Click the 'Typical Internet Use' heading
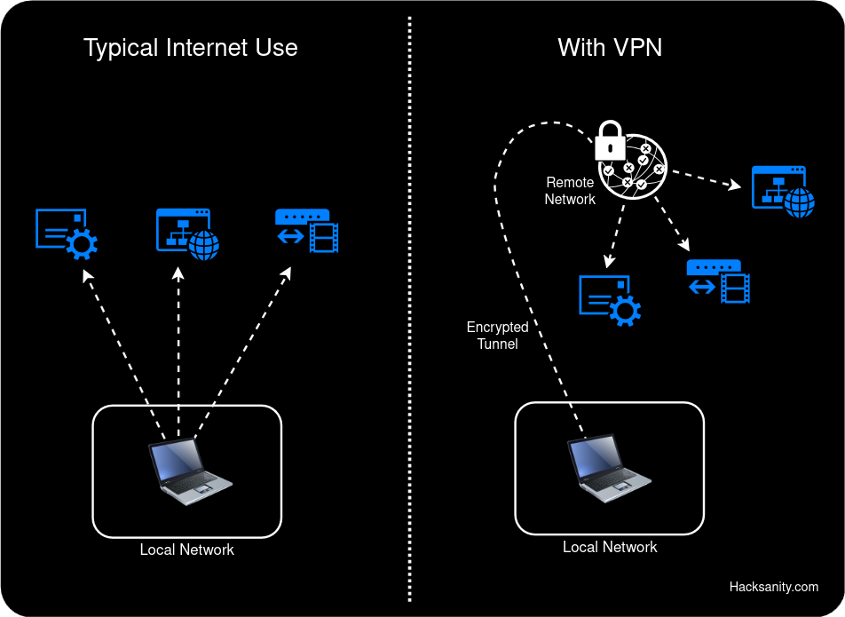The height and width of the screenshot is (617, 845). (x=190, y=48)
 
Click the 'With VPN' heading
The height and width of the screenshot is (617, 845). (x=610, y=48)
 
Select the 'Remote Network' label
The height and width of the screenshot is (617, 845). (x=570, y=191)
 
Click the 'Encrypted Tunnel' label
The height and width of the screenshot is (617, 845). (x=497, y=336)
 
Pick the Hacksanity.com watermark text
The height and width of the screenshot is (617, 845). (x=773, y=587)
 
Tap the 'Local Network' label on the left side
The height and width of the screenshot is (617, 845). (x=186, y=550)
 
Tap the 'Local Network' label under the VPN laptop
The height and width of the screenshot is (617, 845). (x=610, y=548)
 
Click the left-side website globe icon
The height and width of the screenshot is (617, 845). (x=187, y=233)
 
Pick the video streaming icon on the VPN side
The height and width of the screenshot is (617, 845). (x=719, y=281)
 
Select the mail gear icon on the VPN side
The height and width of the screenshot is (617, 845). (x=609, y=299)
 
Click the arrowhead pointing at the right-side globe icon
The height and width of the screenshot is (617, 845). (x=735, y=186)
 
